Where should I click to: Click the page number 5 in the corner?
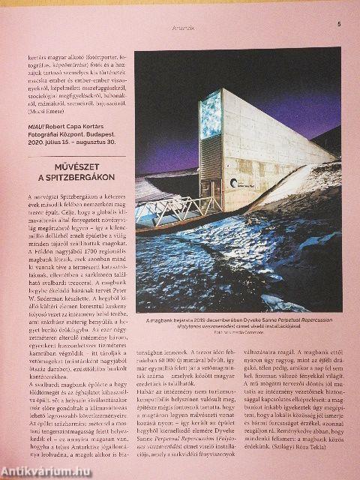pos(338,23)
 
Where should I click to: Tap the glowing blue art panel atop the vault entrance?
pos(211,115)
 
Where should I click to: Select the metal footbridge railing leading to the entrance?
pos(171,211)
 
